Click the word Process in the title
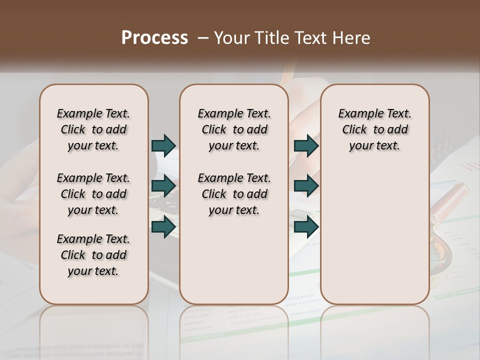click(x=154, y=38)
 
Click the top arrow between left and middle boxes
click(x=163, y=145)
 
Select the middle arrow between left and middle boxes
click(x=163, y=186)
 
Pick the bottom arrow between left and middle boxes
click(x=163, y=227)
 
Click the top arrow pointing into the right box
click(x=306, y=145)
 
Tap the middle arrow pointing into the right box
click(x=306, y=186)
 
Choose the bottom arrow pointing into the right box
click(x=306, y=227)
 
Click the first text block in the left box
click(x=93, y=129)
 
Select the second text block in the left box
click(x=93, y=194)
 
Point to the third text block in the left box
click(x=93, y=255)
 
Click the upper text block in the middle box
click(x=234, y=129)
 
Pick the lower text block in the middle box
click(x=234, y=194)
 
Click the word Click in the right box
click(x=354, y=130)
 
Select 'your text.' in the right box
click(x=374, y=146)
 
